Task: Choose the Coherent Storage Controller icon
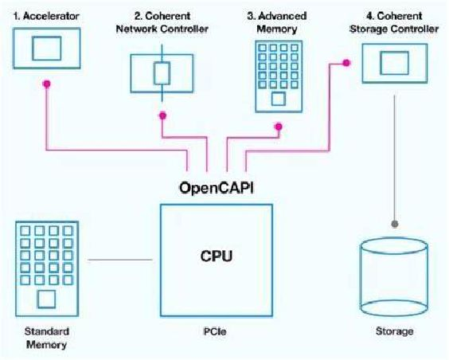(x=393, y=61)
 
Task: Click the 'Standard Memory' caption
(x=45, y=338)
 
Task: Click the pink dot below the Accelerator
(x=47, y=83)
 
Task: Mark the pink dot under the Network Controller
(x=163, y=115)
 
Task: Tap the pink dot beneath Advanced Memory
(x=278, y=125)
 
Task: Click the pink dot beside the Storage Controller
(x=346, y=62)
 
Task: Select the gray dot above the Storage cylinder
(x=392, y=223)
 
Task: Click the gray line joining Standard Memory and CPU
(x=120, y=260)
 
